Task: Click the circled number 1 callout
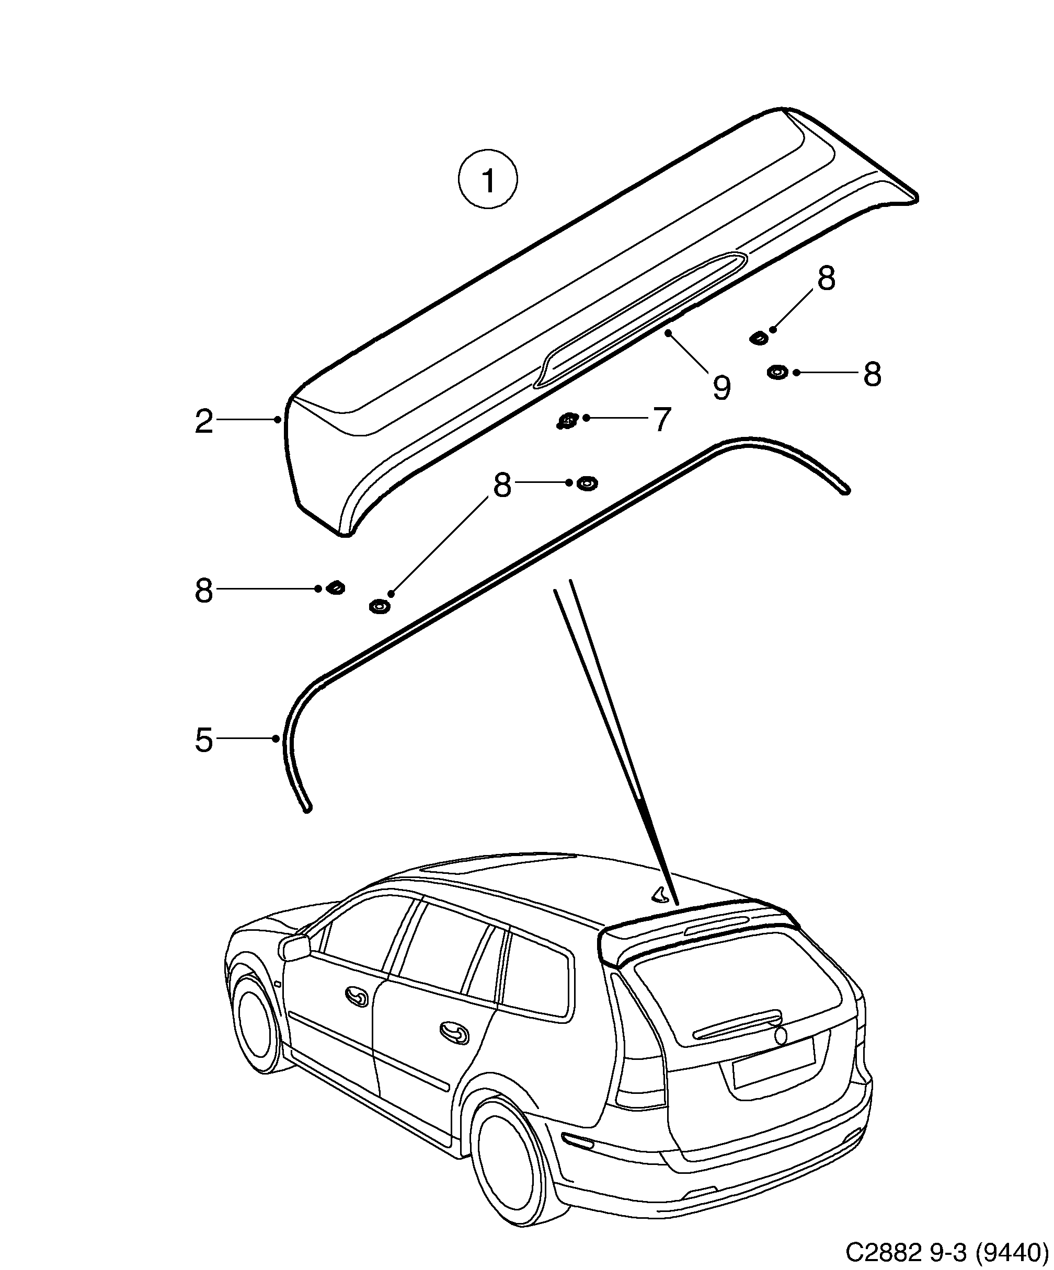(x=488, y=180)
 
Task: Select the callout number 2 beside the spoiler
(x=204, y=422)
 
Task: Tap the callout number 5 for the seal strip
(x=204, y=740)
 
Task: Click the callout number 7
(x=662, y=419)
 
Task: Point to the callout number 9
(x=721, y=387)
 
